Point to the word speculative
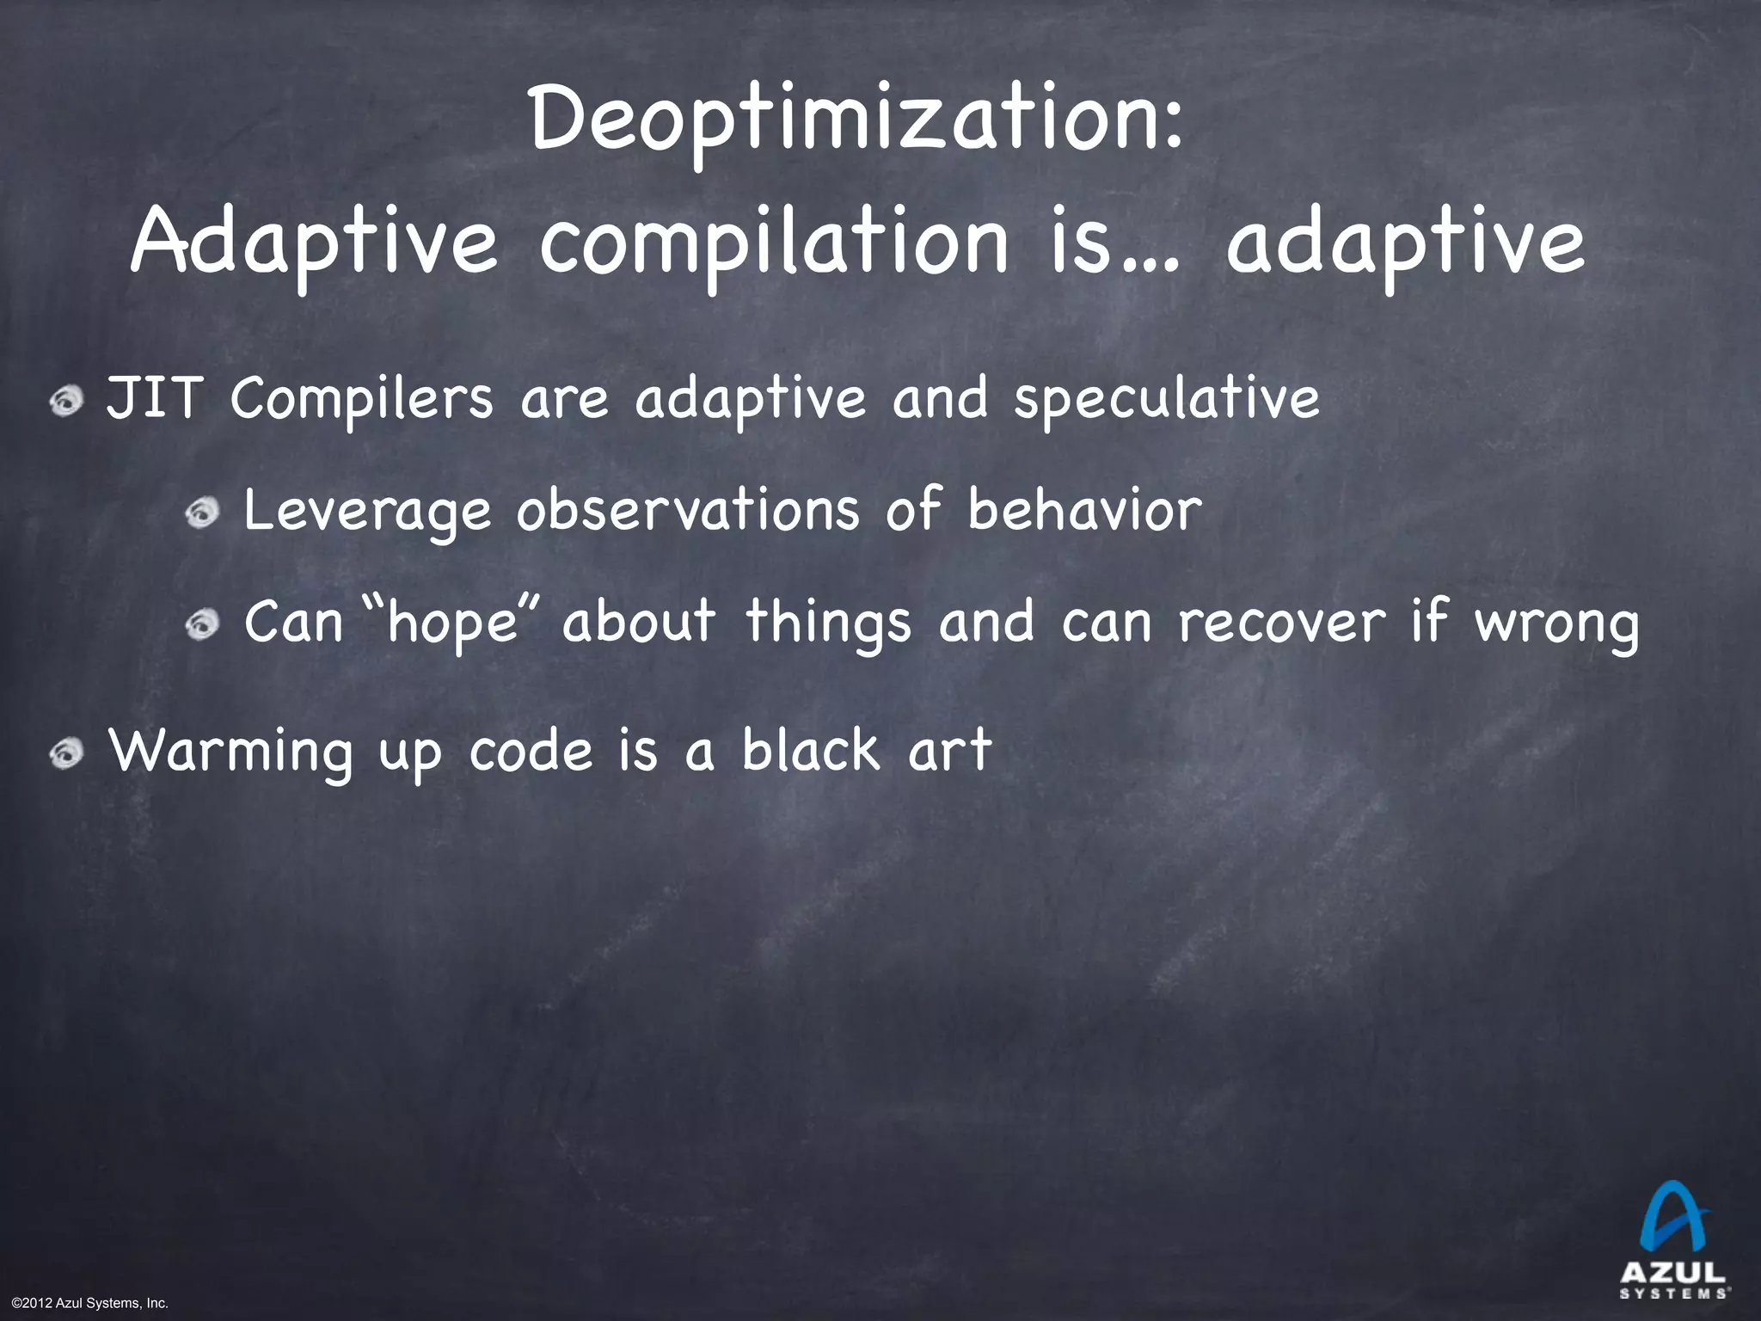(1167, 401)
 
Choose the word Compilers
(362, 401)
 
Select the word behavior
(1084, 509)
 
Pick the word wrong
(1557, 624)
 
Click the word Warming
(230, 752)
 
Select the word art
(949, 750)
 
